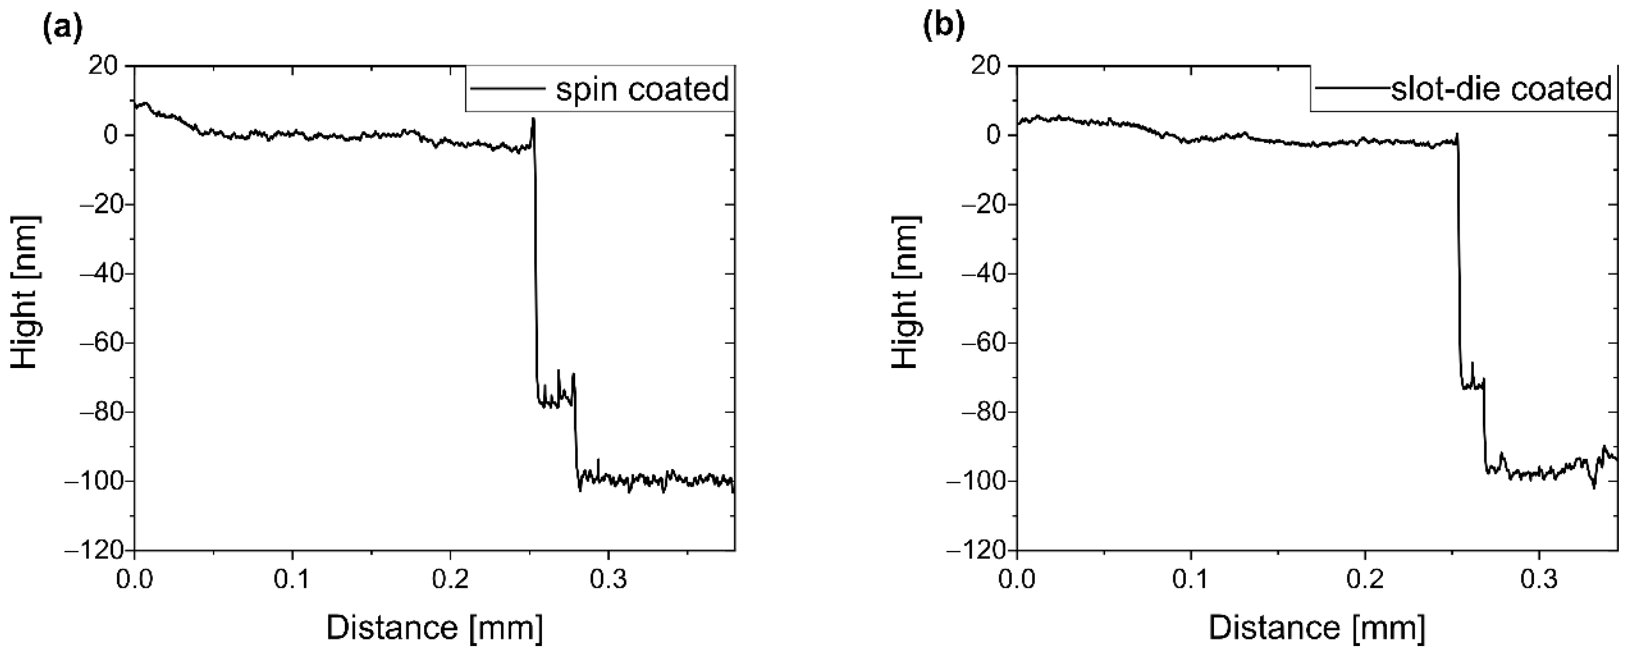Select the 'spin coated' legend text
[642, 89]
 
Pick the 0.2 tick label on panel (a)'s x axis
[450, 580]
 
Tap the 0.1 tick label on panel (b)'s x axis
[1191, 580]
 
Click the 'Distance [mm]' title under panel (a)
[434, 629]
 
